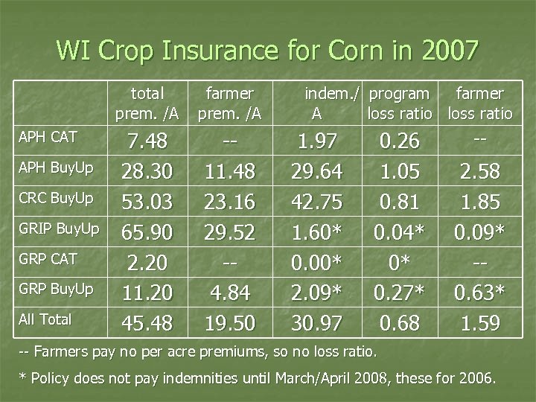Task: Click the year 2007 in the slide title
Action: point(444,51)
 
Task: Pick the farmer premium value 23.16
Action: point(230,202)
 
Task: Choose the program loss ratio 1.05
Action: point(400,172)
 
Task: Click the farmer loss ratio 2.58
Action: point(480,172)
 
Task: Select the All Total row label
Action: point(46,319)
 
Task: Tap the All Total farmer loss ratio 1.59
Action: point(480,322)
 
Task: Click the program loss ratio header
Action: point(400,103)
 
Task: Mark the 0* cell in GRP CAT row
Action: point(400,262)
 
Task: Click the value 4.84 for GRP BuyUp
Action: point(230,292)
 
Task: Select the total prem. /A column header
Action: point(147,103)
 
